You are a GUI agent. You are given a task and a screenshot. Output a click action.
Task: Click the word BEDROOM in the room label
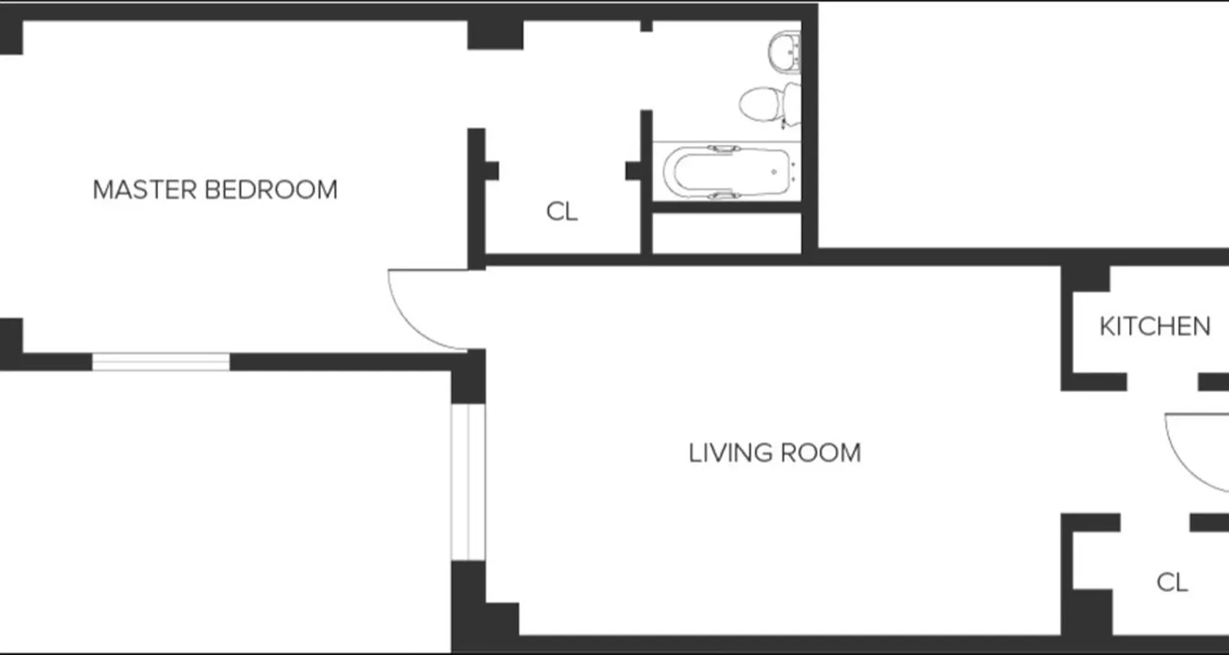point(270,190)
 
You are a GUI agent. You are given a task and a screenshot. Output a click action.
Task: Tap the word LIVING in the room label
point(730,453)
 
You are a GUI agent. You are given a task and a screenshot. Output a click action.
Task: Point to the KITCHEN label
point(1154,327)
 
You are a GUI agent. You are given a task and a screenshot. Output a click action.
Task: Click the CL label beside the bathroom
point(561,212)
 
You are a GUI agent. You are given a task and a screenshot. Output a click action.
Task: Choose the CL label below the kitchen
point(1172,583)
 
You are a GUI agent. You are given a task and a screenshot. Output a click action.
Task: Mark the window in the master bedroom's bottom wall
point(161,362)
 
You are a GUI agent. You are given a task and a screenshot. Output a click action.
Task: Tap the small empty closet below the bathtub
point(726,234)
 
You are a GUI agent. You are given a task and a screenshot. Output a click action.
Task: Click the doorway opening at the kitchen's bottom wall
point(1163,382)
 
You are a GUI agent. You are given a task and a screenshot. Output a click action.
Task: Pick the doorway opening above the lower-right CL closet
point(1155,522)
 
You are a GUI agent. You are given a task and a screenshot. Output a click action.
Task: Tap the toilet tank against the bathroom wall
point(791,103)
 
